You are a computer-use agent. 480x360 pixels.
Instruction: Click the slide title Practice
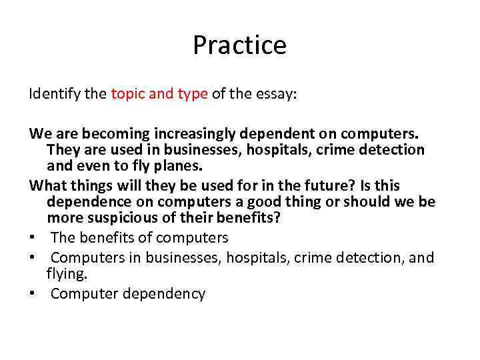click(x=239, y=45)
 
